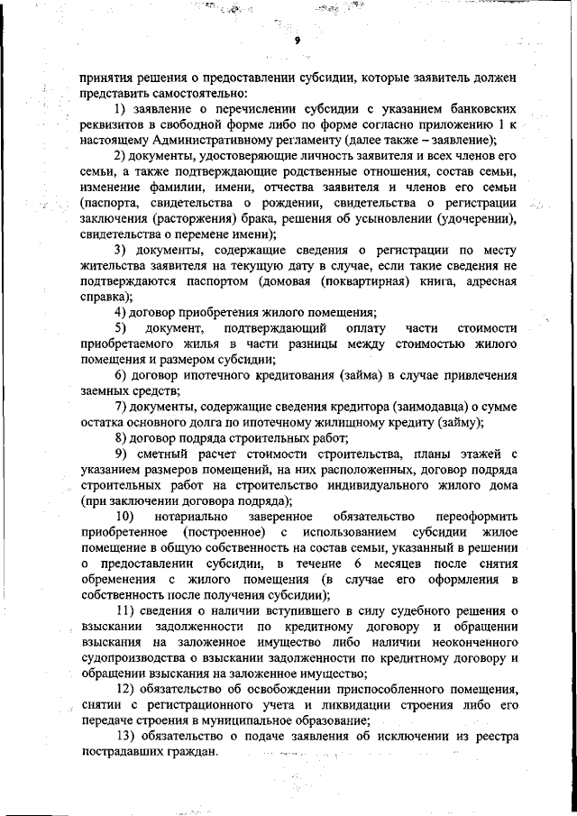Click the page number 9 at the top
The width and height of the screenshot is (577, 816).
(296, 41)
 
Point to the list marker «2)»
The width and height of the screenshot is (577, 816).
(123, 157)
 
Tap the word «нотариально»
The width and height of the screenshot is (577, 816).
(193, 516)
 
